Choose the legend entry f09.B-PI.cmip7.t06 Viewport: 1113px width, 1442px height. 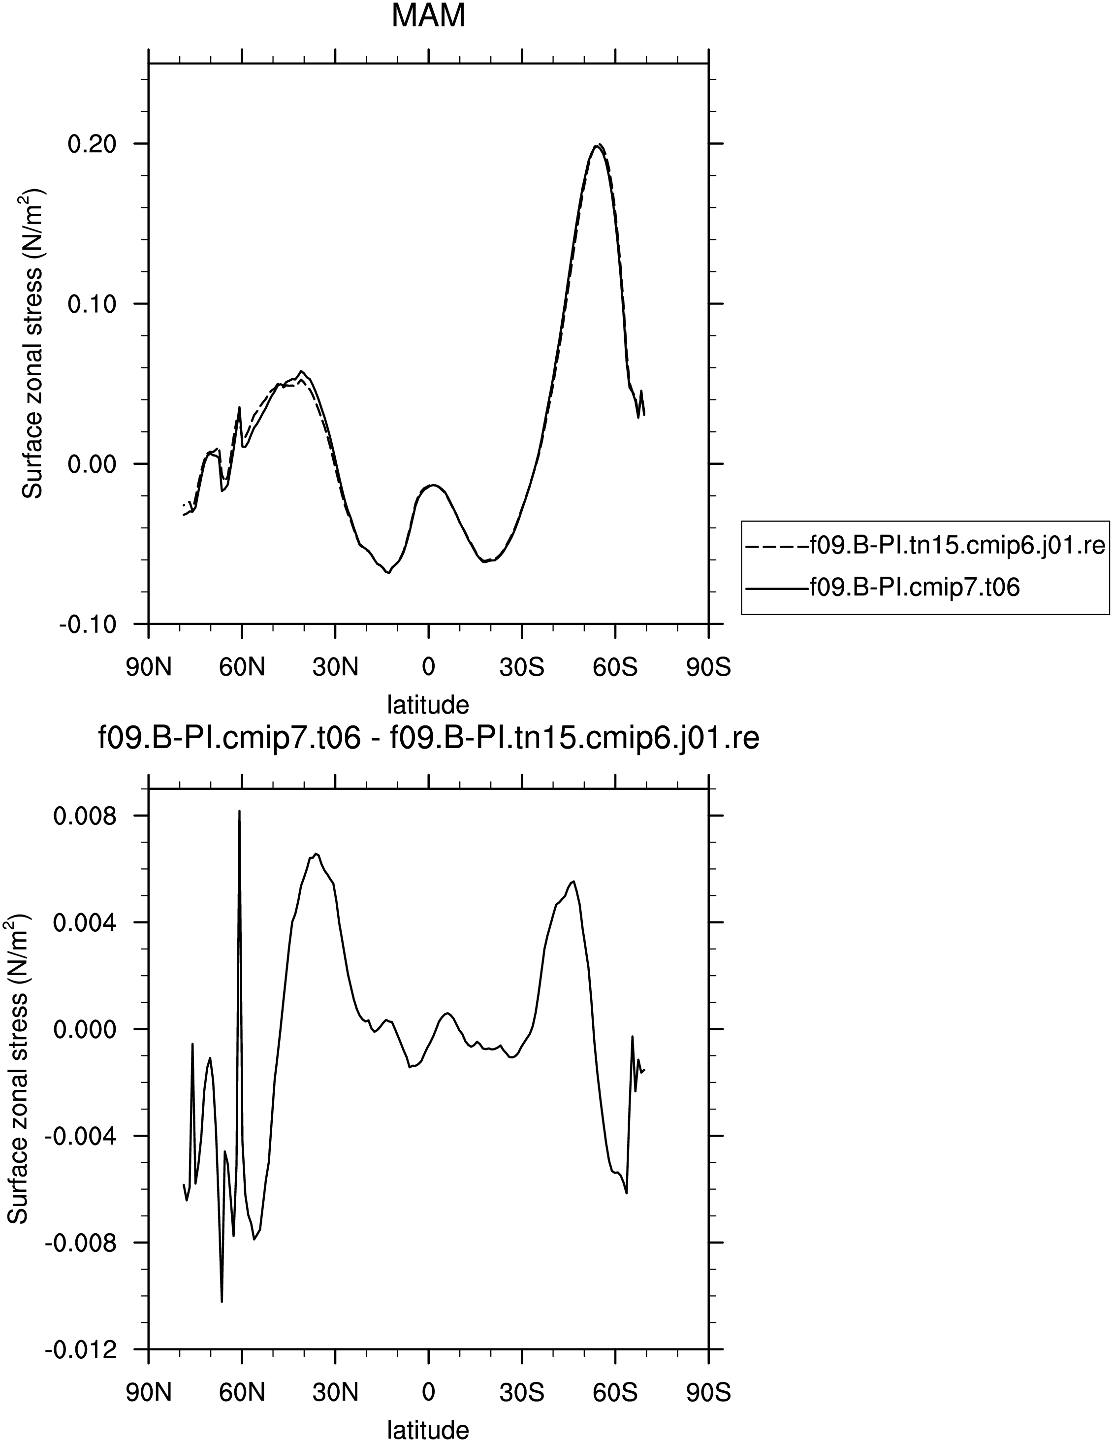[883, 587]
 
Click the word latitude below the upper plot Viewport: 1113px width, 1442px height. [428, 704]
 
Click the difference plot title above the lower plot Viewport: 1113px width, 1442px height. [428, 739]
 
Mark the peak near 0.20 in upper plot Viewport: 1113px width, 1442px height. [597, 145]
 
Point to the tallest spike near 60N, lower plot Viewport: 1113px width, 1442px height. [240, 811]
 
